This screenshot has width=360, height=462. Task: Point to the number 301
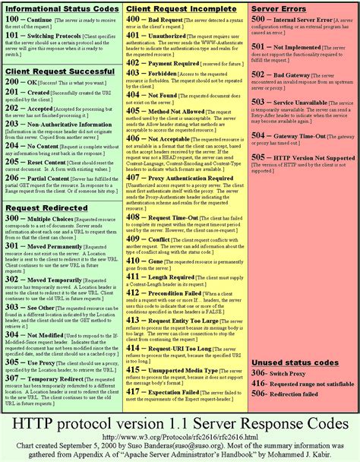pos(13,247)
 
